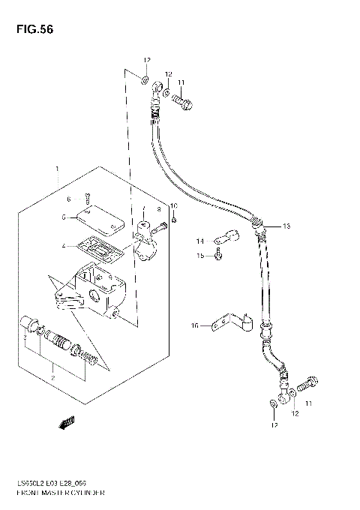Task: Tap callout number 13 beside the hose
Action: pyautogui.click(x=285, y=226)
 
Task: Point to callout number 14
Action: pyautogui.click(x=199, y=241)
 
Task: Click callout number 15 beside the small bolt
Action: pyautogui.click(x=199, y=256)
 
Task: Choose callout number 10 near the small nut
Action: pyautogui.click(x=173, y=205)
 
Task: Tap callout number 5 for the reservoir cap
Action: pyautogui.click(x=65, y=217)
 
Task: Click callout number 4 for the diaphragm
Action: pyautogui.click(x=65, y=245)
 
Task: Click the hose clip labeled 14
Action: pyautogui.click(x=223, y=238)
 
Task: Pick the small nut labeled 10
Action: pyautogui.click(x=173, y=219)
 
